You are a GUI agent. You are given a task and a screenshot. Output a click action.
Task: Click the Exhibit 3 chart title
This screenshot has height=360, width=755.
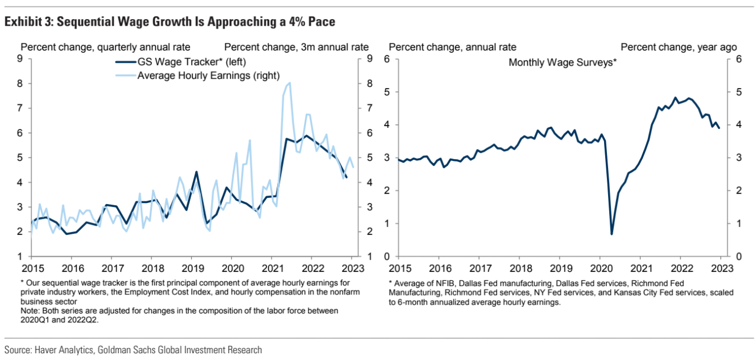click(170, 22)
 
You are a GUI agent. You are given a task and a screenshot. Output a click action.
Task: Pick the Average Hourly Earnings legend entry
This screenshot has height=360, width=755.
click(208, 75)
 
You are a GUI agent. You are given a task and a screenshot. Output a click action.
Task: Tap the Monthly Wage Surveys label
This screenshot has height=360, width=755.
click(563, 62)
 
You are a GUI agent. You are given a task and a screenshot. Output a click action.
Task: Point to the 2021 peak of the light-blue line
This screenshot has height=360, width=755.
click(289, 83)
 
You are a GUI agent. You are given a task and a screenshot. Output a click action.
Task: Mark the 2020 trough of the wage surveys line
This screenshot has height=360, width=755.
click(611, 234)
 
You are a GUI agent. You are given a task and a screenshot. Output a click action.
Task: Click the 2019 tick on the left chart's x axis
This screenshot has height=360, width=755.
click(192, 268)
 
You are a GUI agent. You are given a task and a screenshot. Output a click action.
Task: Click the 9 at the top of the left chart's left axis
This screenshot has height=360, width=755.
click(20, 58)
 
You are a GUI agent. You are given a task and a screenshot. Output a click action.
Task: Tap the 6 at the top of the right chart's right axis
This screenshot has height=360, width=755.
click(738, 58)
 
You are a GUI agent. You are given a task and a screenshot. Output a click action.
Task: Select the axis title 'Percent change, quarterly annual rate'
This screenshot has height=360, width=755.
click(105, 47)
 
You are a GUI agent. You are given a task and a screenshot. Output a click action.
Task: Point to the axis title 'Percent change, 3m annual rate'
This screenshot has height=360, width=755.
click(296, 47)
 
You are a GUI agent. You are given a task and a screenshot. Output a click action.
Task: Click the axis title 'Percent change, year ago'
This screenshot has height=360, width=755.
click(679, 47)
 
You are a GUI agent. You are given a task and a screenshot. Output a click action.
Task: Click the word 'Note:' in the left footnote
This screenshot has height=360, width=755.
click(31, 310)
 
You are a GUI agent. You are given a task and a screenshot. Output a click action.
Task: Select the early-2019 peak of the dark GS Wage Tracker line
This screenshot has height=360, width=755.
click(196, 172)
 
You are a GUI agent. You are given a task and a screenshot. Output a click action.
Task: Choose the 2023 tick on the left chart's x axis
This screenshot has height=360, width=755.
click(352, 268)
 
